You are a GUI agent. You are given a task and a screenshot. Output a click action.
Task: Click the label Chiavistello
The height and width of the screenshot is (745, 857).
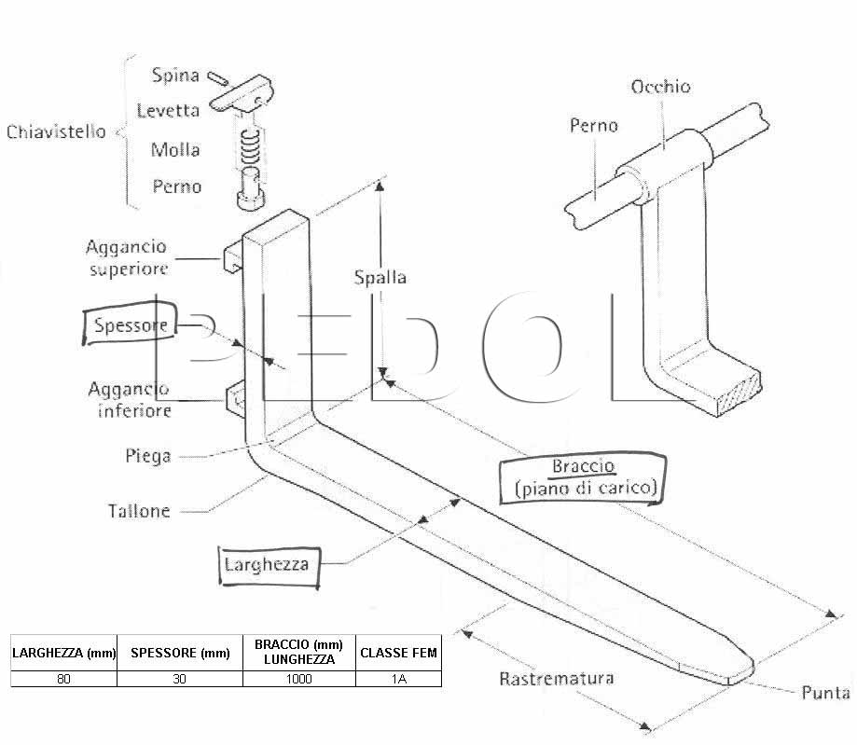[x=56, y=131]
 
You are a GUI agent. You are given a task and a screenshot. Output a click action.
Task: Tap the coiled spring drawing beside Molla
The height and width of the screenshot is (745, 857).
[x=250, y=146]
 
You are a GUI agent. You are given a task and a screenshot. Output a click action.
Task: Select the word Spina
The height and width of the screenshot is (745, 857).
[x=175, y=76]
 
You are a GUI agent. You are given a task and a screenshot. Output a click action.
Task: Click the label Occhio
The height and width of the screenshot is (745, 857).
[x=661, y=87]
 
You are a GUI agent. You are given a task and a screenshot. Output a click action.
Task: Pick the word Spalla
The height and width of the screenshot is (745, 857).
[x=380, y=277]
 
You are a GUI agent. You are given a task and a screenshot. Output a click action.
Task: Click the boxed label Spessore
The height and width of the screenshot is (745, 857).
[x=130, y=324]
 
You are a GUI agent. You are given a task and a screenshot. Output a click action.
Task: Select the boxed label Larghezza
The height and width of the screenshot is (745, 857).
[x=269, y=566]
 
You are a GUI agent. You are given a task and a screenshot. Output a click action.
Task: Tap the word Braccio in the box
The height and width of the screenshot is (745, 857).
[x=584, y=466]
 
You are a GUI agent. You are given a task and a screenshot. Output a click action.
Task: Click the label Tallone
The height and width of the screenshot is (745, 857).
[x=139, y=511]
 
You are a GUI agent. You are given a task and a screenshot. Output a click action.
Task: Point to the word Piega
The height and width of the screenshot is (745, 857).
[x=148, y=456]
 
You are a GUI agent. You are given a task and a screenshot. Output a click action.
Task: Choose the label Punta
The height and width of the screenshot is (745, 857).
[x=825, y=693]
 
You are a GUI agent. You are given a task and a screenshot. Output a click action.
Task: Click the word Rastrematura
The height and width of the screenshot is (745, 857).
[x=557, y=679]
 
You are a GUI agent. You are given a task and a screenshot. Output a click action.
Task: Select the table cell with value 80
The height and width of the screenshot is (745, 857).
[x=64, y=679]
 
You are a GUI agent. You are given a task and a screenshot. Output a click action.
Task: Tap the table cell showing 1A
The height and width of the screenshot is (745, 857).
[x=398, y=679]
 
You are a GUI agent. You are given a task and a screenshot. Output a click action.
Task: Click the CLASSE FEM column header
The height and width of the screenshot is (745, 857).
[x=398, y=653]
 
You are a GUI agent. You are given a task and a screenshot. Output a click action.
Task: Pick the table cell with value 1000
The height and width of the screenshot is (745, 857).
[x=299, y=679]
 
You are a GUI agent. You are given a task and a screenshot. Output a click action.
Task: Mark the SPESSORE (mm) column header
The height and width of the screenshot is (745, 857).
[x=180, y=653]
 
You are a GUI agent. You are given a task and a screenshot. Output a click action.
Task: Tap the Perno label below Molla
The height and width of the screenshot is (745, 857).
[x=176, y=186]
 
